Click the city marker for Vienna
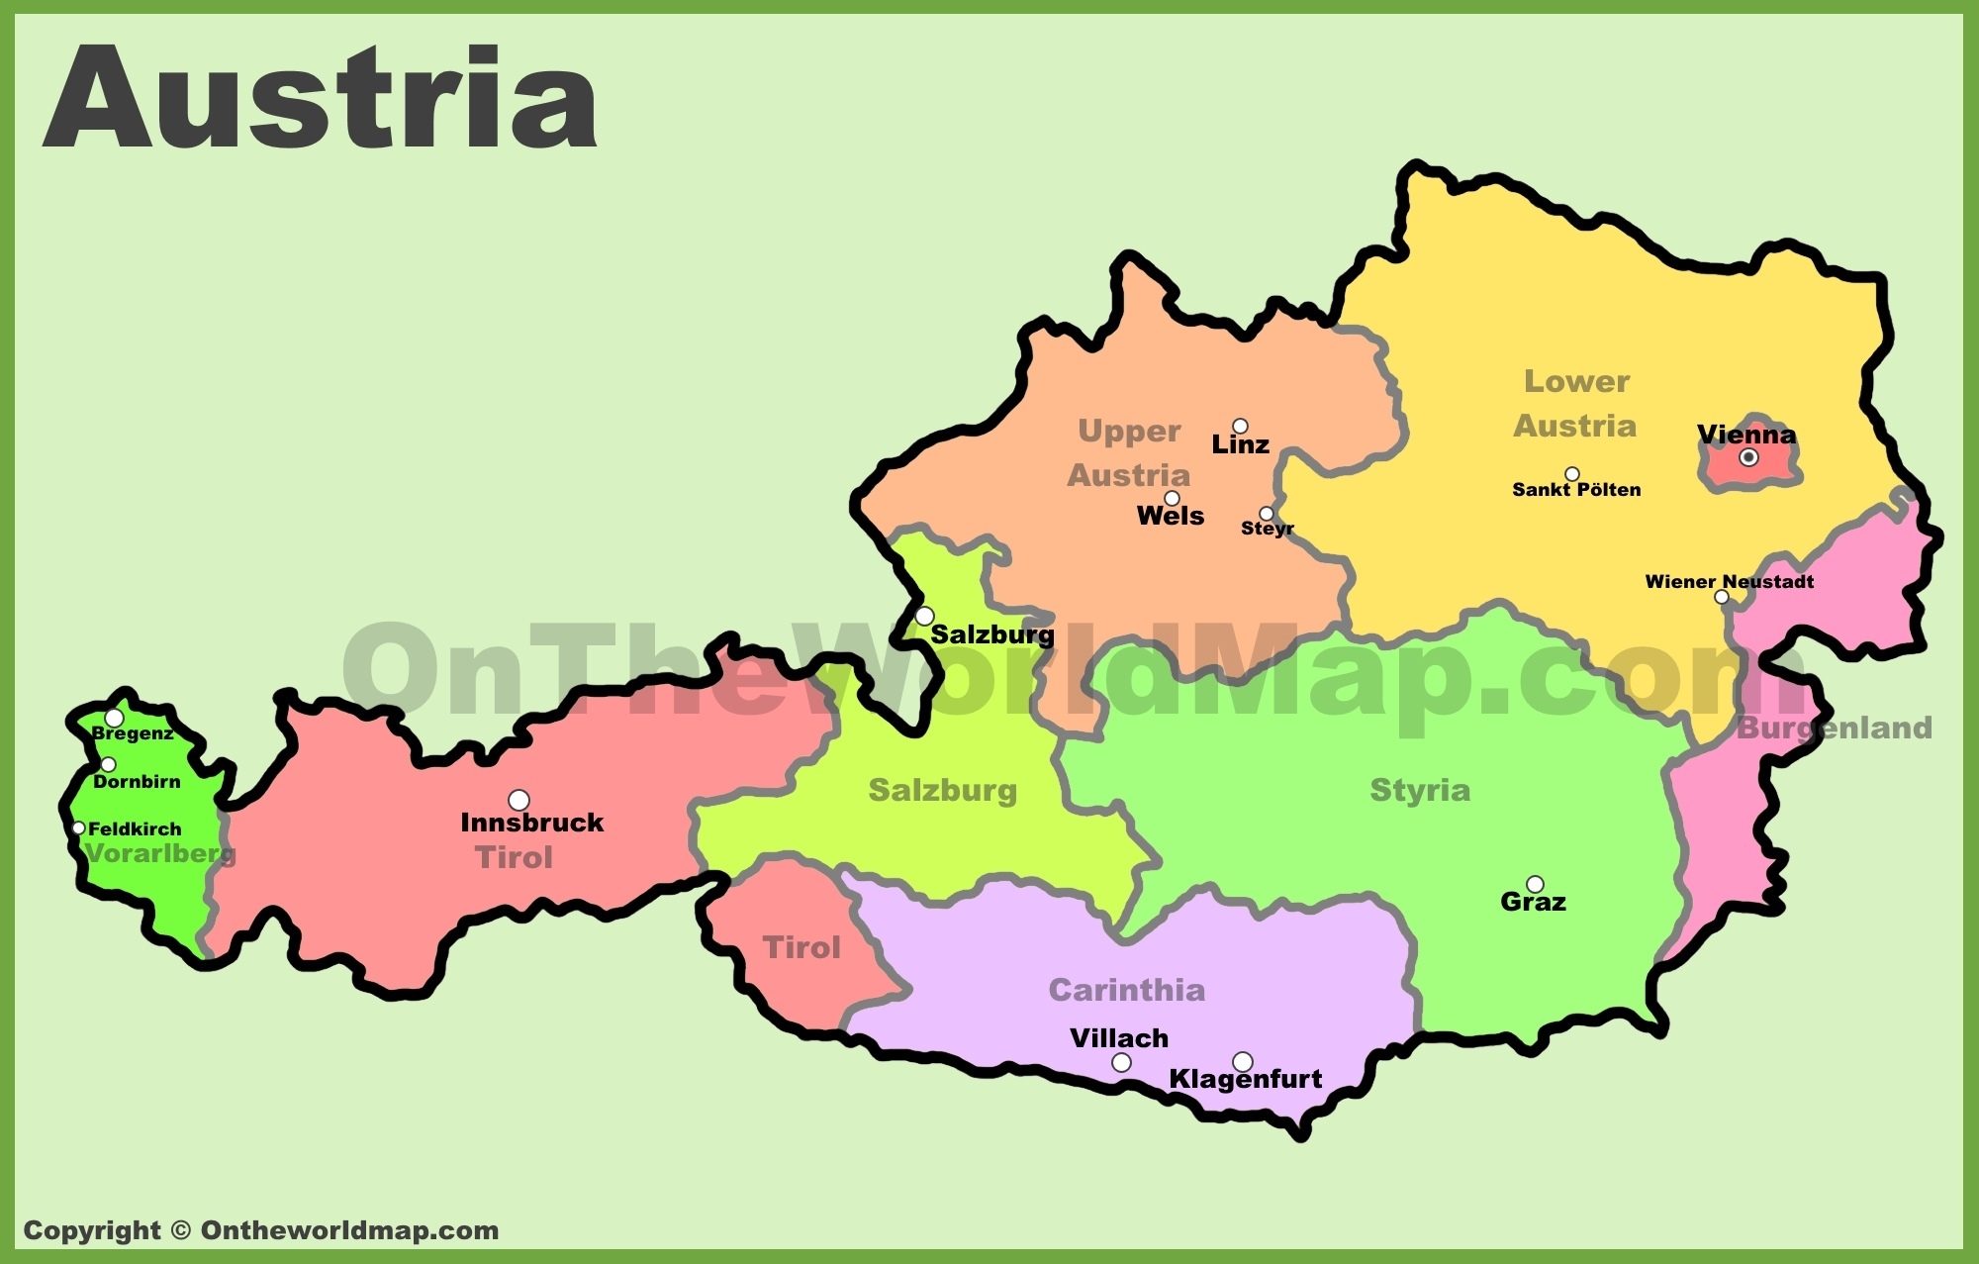pyautogui.click(x=1748, y=457)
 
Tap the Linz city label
pyautogui.click(x=1240, y=445)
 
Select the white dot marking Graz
pyautogui.click(x=1535, y=884)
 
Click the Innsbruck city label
pyautogui.click(x=531, y=823)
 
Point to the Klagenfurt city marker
pyautogui.click(x=1243, y=1062)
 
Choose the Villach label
pyautogui.click(x=1119, y=1038)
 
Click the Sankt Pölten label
pyautogui.click(x=1576, y=490)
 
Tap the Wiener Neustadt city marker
pyautogui.click(x=1722, y=597)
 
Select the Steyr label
pyautogui.click(x=1267, y=529)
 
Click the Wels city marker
pyautogui.click(x=1172, y=498)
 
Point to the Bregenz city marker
pyautogui.click(x=115, y=718)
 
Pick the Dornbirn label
pyautogui.click(x=137, y=782)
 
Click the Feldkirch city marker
pyautogui.click(x=79, y=828)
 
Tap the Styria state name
pyautogui.click(x=1420, y=790)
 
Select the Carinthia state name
pyautogui.click(x=1126, y=990)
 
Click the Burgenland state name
pyautogui.click(x=1834, y=729)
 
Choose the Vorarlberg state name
pyautogui.click(x=159, y=853)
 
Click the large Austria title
pyautogui.click(x=321, y=99)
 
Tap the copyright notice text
pyautogui.click(x=261, y=1230)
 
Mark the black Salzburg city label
pyautogui.click(x=991, y=634)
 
